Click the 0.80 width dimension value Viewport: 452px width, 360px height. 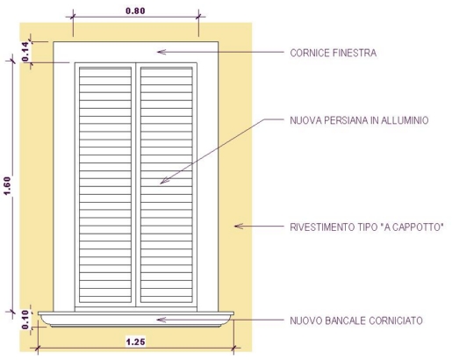(135, 11)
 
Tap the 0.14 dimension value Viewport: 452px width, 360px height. (25, 52)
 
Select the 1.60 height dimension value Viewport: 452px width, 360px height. (7, 186)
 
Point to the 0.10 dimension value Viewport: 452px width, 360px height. (25, 320)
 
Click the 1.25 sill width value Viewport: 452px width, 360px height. (135, 342)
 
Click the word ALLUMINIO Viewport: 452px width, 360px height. (405, 120)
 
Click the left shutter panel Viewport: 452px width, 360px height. (105, 184)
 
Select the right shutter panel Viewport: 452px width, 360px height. (167, 184)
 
